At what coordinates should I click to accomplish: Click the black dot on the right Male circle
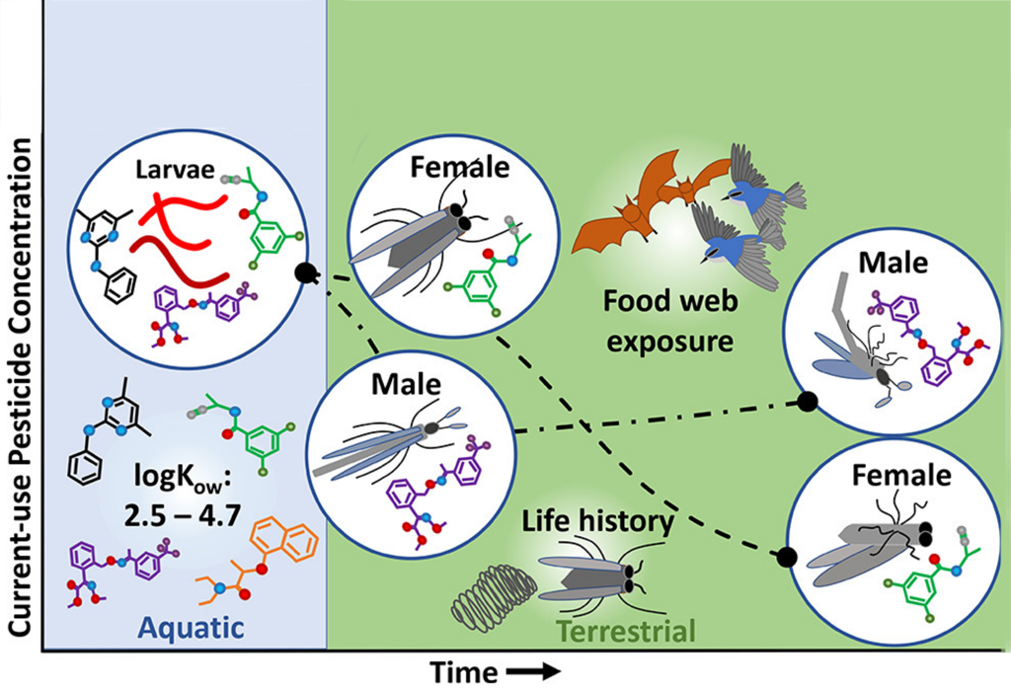pyautogui.click(x=807, y=401)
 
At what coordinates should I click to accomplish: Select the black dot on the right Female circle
pyautogui.click(x=787, y=555)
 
